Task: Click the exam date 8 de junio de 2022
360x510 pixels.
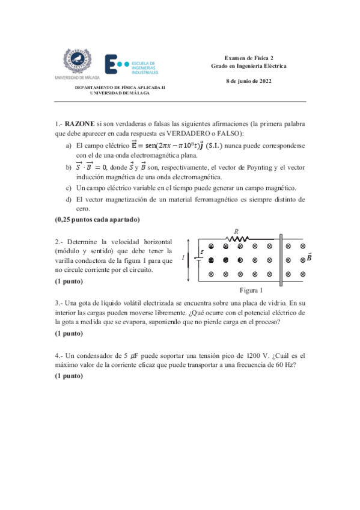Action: coord(248,81)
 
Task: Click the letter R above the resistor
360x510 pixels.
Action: coord(236,230)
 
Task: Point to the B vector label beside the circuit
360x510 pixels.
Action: coord(309,257)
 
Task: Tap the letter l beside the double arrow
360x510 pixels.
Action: coord(183,257)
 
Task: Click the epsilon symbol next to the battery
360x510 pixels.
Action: coord(201,252)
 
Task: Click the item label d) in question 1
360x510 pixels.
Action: coord(69,199)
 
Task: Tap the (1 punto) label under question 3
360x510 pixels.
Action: coord(69,333)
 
